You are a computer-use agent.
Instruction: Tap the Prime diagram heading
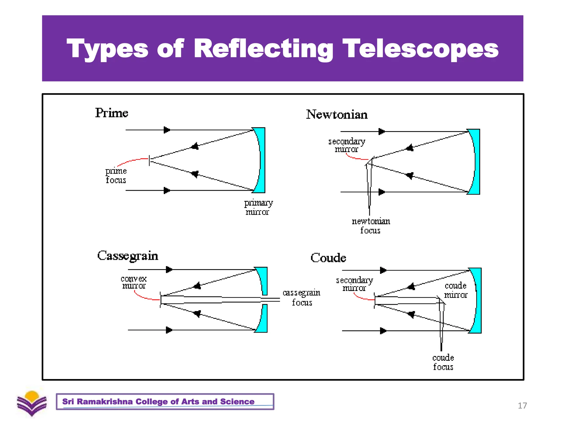tap(112, 113)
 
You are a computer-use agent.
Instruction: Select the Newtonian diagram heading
tap(337, 115)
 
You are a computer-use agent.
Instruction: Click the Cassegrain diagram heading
tap(128, 256)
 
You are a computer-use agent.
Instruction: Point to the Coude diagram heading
tap(328, 258)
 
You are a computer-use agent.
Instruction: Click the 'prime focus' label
tap(116, 176)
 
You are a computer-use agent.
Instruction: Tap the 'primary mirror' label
tap(258, 207)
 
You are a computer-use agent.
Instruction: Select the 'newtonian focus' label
tap(371, 226)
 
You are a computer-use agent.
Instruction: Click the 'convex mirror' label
tap(134, 282)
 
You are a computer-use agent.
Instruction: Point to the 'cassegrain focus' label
tap(302, 297)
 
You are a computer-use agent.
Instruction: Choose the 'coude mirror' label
tap(455, 290)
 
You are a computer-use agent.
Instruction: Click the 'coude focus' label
tap(443, 362)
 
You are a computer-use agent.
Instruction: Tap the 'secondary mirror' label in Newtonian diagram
tap(347, 145)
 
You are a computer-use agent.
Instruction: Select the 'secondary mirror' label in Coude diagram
tap(354, 284)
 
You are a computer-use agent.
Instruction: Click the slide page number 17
tap(522, 406)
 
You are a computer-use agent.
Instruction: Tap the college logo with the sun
tap(32, 403)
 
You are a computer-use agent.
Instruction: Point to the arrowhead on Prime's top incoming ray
tap(167, 130)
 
